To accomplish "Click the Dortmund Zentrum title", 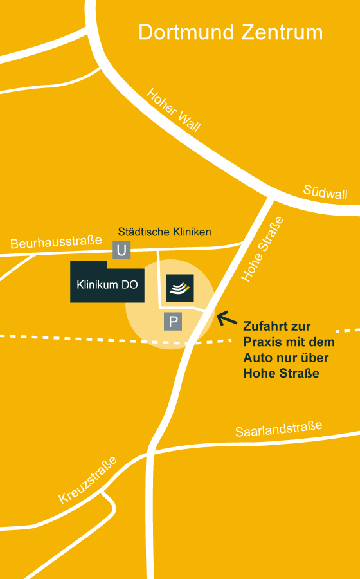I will (231, 32).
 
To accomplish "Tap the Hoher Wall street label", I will (174, 110).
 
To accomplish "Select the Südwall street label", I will (325, 192).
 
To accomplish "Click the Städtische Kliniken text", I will (165, 232).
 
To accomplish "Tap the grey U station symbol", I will (121, 250).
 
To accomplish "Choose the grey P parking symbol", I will (172, 321).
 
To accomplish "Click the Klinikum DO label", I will (107, 284).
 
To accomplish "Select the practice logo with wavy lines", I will (180, 288).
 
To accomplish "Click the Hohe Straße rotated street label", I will (262, 249).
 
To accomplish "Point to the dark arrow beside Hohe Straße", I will (226, 318).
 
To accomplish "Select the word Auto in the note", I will (257, 357).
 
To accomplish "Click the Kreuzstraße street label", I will (88, 480).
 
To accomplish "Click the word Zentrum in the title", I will (282, 32).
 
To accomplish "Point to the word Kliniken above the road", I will (190, 232).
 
